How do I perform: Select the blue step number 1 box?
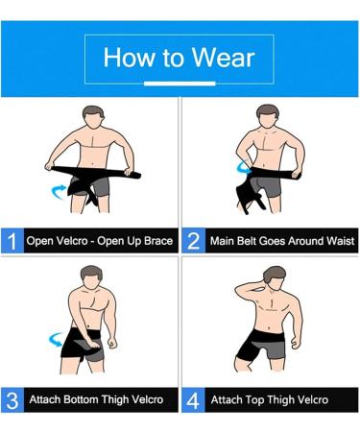pos(12,241)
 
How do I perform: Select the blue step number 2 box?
pos(194,241)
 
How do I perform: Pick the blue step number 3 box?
pos(12,398)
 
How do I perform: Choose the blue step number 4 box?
pos(194,398)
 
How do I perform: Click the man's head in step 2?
pos(271,119)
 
